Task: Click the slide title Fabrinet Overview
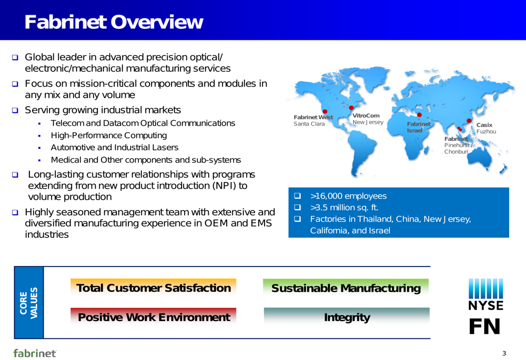(114, 22)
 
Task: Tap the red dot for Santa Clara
(325, 111)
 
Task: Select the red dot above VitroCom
(351, 108)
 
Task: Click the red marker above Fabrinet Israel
(419, 115)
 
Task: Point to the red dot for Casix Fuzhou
(469, 121)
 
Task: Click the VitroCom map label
(366, 116)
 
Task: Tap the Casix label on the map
(484, 125)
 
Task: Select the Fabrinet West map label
(313, 117)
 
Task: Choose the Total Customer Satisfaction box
(153, 287)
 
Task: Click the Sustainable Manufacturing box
(346, 288)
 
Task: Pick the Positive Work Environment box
(153, 317)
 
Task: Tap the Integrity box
(347, 317)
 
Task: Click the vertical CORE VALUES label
(29, 303)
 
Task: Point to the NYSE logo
(485, 294)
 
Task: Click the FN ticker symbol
(485, 326)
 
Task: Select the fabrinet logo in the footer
(35, 353)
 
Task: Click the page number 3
(504, 353)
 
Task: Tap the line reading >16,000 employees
(348, 196)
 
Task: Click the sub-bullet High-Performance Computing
(109, 136)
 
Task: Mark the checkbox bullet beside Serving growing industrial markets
(15, 110)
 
